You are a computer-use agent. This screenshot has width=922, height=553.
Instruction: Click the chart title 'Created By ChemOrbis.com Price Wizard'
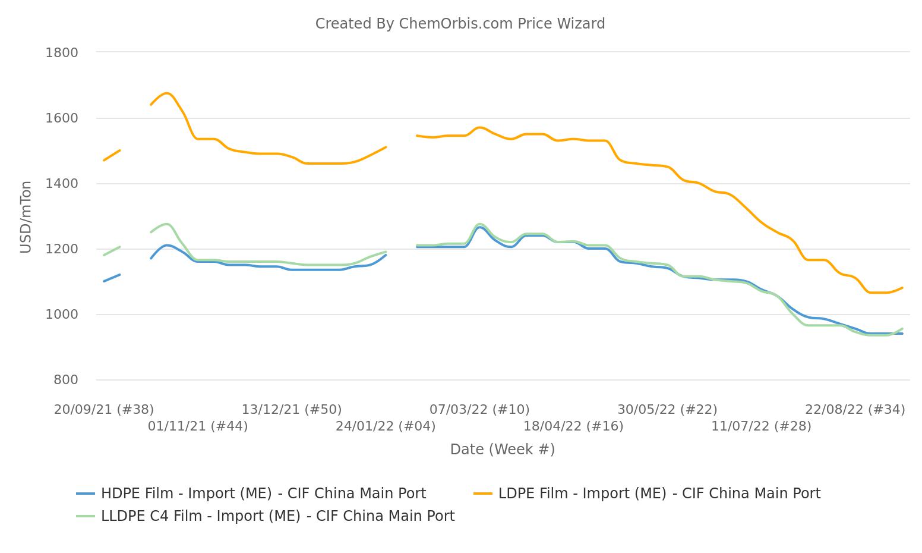pos(460,24)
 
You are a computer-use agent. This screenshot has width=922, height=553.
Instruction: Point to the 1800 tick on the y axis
pos(62,53)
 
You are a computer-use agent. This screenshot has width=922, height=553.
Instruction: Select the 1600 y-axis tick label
pos(62,118)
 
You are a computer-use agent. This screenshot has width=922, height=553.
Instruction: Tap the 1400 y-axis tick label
pos(62,184)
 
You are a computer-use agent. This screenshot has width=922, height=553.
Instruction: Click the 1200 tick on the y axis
pos(62,249)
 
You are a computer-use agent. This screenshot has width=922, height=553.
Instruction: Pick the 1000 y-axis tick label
pos(62,315)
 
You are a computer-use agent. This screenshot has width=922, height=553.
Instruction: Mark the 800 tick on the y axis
pos(65,380)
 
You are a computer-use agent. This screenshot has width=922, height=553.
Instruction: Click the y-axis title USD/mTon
pos(26,217)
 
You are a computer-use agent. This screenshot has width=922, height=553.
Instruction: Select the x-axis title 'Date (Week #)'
pos(502,450)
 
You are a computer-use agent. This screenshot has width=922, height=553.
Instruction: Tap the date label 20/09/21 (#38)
pos(104,410)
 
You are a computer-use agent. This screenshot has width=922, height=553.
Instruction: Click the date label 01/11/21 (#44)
pos(198,426)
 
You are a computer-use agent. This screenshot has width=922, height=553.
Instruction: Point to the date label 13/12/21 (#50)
pos(292,410)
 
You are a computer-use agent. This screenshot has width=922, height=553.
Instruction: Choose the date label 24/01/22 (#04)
pos(386,426)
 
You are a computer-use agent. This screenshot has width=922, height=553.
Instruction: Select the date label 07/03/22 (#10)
pos(479,410)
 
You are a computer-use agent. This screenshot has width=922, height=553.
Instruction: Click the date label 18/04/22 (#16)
pos(573,426)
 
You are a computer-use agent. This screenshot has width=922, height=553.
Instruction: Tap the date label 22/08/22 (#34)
pos(855,410)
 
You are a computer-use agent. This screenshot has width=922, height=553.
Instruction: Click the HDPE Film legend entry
pos(263,494)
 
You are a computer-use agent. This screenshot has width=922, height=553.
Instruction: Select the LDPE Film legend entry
pos(659,494)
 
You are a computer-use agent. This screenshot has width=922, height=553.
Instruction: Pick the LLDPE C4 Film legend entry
pos(277,516)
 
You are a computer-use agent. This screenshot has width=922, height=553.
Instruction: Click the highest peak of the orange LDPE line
pos(166,93)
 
